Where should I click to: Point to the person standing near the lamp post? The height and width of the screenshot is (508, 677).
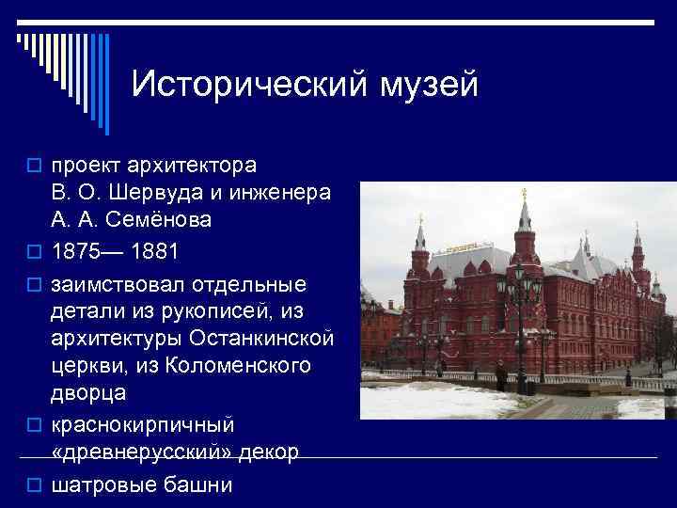(x=502, y=378)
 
